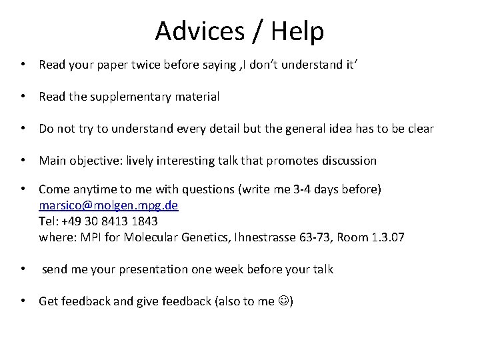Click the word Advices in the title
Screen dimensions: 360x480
[194, 31]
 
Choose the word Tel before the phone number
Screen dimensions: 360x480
[48, 221]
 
